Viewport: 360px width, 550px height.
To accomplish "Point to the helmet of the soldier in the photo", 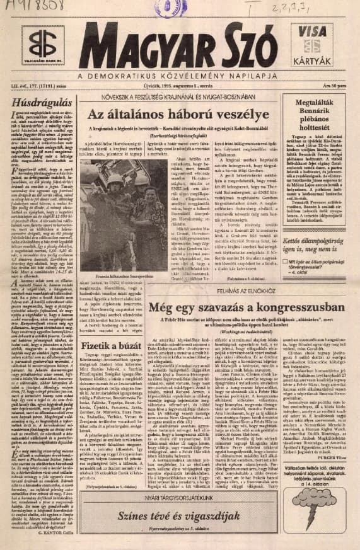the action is pos(117,182).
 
